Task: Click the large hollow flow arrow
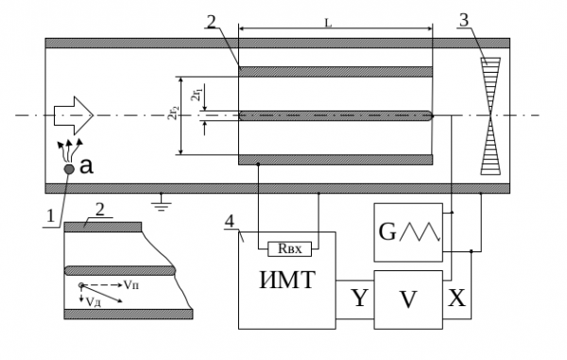pyautogui.click(x=74, y=115)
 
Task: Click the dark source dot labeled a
pyautogui.click(x=69, y=169)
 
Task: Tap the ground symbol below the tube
pyautogui.click(x=162, y=205)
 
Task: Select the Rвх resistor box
pyautogui.click(x=289, y=249)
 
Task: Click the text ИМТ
pyautogui.click(x=287, y=280)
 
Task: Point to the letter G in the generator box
pyautogui.click(x=387, y=231)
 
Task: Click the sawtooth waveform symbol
pyautogui.click(x=421, y=231)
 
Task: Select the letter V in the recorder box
pyautogui.click(x=408, y=300)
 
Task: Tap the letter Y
pyautogui.click(x=359, y=298)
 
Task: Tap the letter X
pyautogui.click(x=456, y=299)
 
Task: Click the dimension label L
pyautogui.click(x=328, y=23)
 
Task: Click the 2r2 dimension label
pyautogui.click(x=174, y=113)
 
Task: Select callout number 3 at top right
pyautogui.click(x=464, y=20)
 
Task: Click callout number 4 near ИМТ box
pyautogui.click(x=230, y=221)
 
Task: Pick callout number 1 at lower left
pyautogui.click(x=50, y=216)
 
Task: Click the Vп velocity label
pyautogui.click(x=131, y=284)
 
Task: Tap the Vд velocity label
pyautogui.click(x=94, y=301)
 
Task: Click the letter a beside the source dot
pyautogui.click(x=86, y=166)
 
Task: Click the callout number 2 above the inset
pyautogui.click(x=99, y=210)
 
